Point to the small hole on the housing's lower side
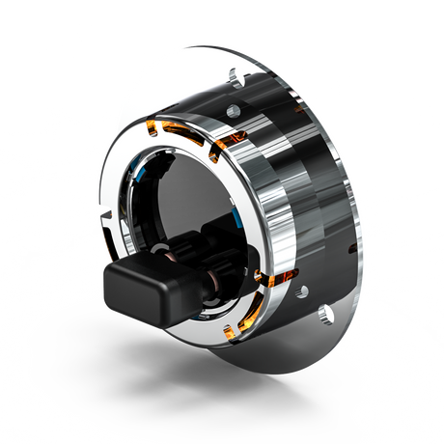tap(303, 290)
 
